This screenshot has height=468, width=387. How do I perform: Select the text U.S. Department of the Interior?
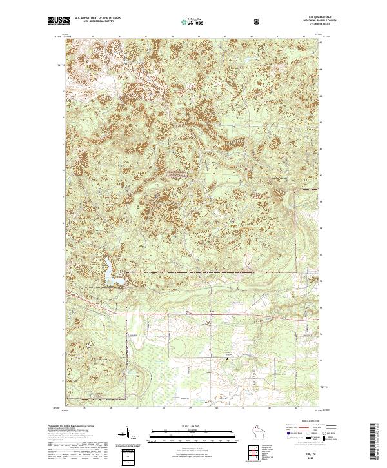[x=103, y=17]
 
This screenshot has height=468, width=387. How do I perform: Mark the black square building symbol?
[x=226, y=356]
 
